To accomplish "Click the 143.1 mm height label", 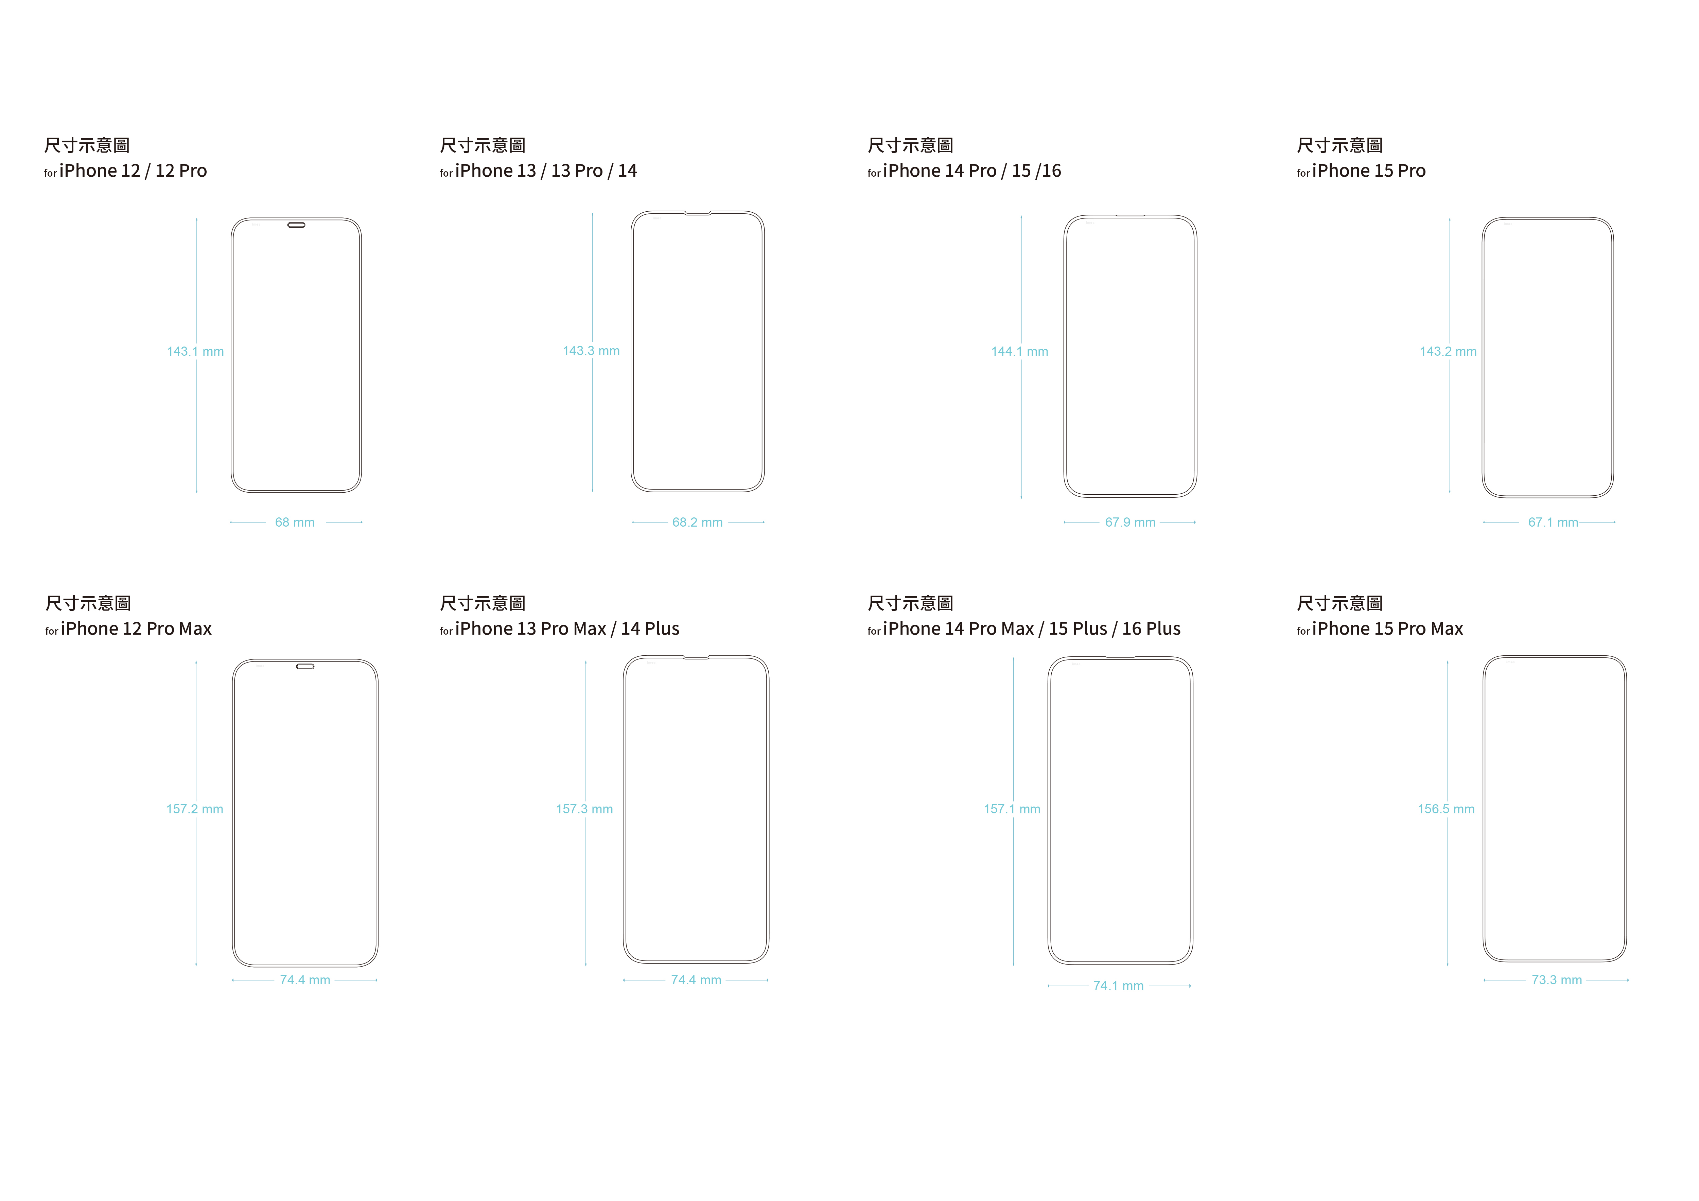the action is click(195, 352).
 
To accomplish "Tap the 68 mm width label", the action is click(295, 523).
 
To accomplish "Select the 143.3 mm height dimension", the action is click(591, 351).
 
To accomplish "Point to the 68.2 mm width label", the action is click(697, 523).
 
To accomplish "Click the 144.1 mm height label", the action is click(1020, 352).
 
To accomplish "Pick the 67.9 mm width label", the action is click(1130, 523).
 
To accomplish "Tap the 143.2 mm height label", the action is click(1448, 352).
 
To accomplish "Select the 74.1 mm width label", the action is click(1118, 986).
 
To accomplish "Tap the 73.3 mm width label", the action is click(1556, 980).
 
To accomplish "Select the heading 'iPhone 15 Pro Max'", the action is click(1387, 629).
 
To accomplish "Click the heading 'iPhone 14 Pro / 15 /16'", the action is click(971, 171).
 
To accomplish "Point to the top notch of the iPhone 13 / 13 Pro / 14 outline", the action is click(697, 214).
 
